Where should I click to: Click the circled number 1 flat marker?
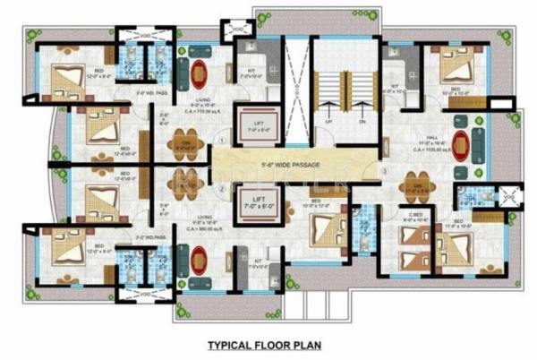pos(220,142)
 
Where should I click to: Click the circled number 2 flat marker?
pos(220,191)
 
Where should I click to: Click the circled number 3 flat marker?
pos(382,170)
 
